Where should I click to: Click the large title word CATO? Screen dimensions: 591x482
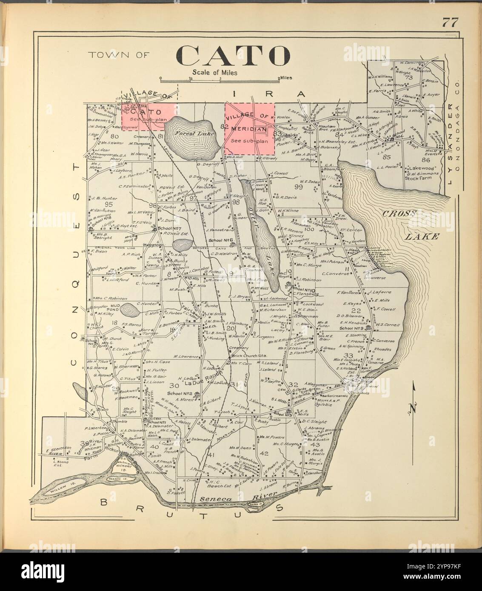coord(233,55)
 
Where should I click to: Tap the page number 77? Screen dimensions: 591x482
coord(449,23)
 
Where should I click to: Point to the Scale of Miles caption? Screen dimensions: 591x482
coord(214,72)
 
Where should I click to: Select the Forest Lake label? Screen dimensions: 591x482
coord(190,133)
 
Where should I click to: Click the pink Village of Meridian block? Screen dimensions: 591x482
coord(249,129)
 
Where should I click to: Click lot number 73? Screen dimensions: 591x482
coord(409,77)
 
